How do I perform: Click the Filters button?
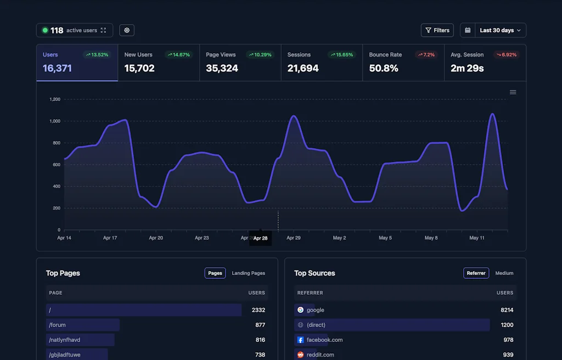tap(437, 30)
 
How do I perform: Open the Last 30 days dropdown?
tap(493, 30)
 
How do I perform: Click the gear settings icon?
tap(127, 30)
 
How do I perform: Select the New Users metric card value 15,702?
tap(139, 69)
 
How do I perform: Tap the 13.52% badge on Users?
tap(97, 55)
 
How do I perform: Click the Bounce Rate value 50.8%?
tap(384, 69)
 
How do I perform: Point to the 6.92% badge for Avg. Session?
tap(506, 55)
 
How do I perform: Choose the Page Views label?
tap(221, 55)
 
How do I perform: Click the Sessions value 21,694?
tap(303, 69)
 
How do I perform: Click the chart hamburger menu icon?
tap(513, 92)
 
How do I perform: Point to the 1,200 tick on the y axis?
tap(55, 99)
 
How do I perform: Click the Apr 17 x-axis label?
tap(110, 238)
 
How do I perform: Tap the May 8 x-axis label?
tap(431, 238)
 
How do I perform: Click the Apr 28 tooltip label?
tap(260, 238)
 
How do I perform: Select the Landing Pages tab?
tap(248, 273)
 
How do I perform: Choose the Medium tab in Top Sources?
tap(504, 273)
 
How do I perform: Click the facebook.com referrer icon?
tap(300, 340)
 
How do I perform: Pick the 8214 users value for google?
tap(507, 310)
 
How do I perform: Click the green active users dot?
tap(45, 30)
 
